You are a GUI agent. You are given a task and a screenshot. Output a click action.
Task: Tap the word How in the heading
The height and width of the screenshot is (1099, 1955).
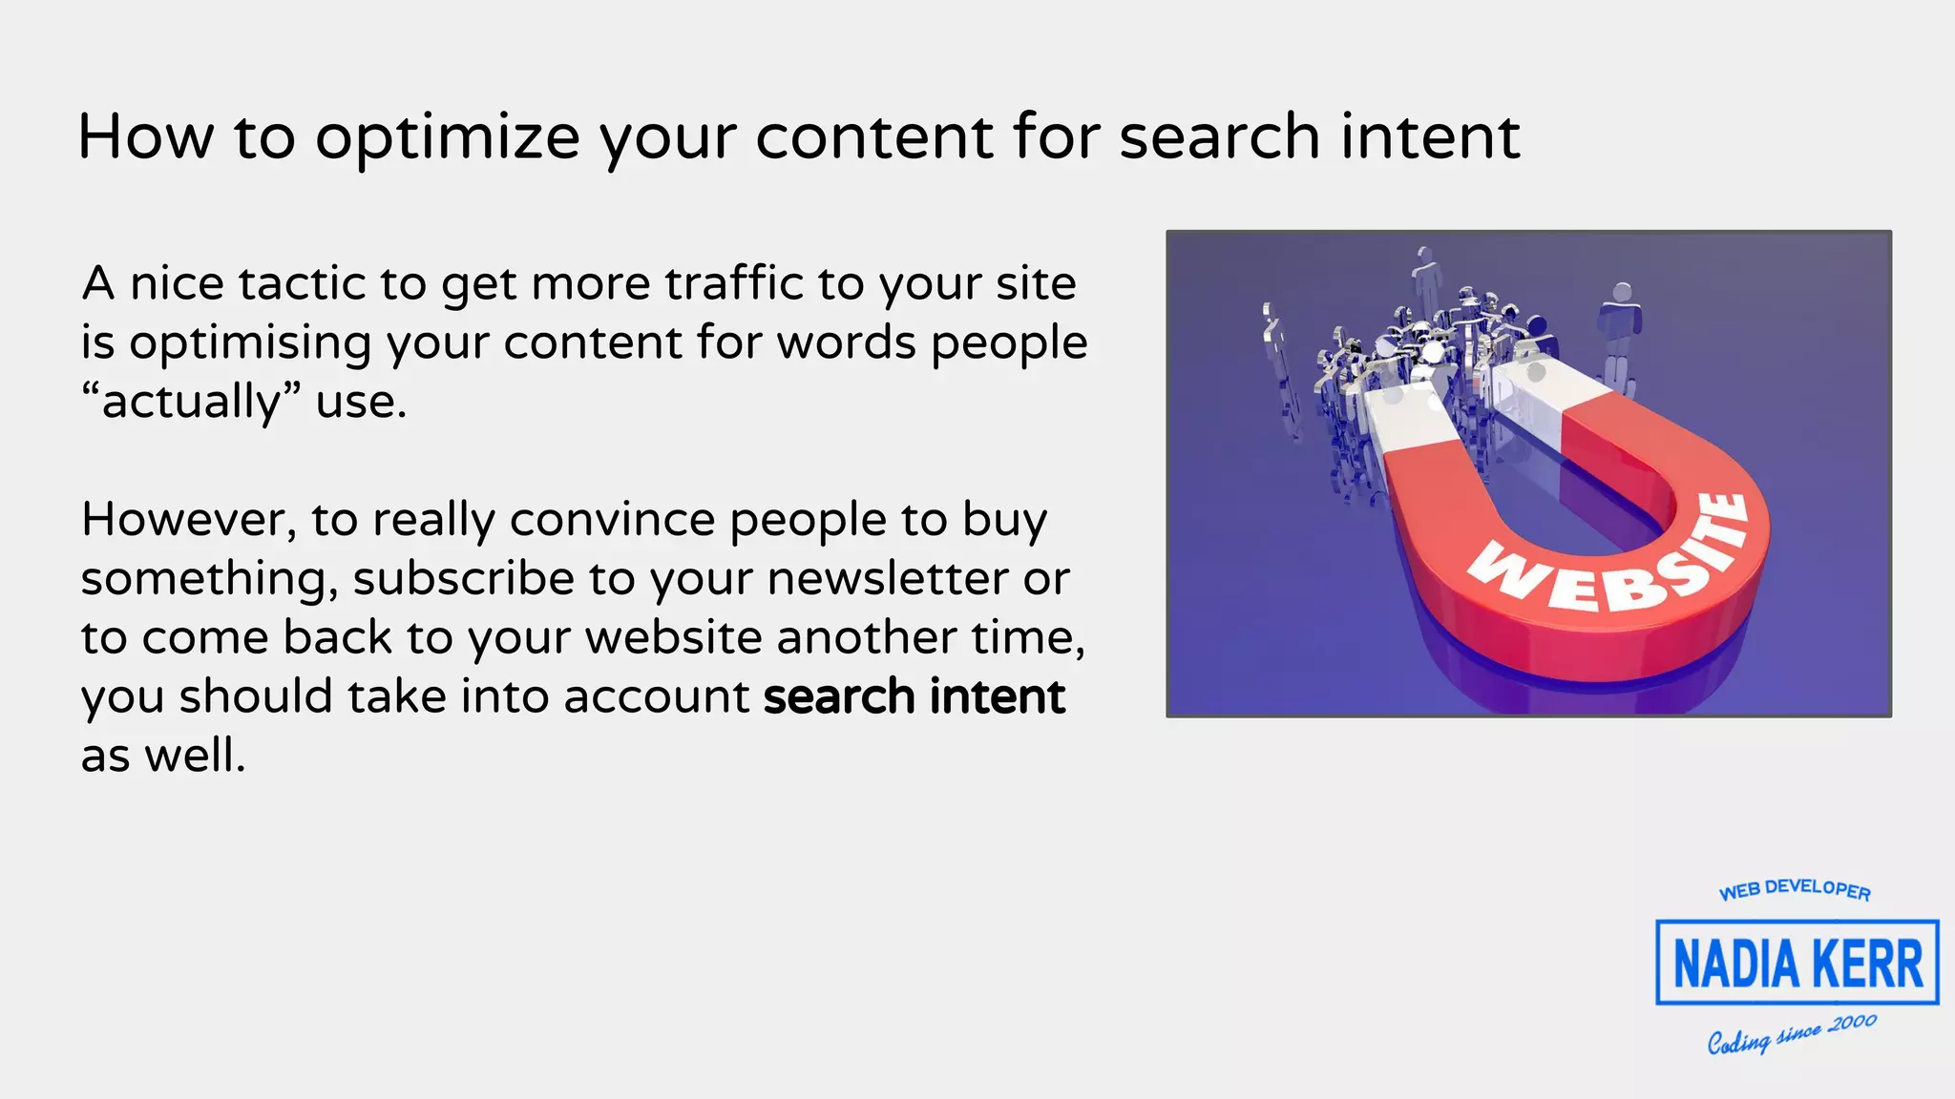point(145,136)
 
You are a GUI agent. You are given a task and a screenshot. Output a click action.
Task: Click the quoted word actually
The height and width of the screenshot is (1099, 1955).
point(191,402)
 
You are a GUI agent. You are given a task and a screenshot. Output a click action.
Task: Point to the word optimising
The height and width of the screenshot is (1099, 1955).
point(250,343)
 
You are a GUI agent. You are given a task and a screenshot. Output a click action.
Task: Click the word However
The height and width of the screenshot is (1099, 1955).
point(188,520)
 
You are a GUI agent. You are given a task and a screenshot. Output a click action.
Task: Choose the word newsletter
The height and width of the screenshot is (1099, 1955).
point(887,578)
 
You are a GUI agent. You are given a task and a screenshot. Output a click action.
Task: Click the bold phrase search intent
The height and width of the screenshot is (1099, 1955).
point(914,696)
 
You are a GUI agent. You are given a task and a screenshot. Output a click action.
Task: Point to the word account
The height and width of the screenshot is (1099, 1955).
point(656,696)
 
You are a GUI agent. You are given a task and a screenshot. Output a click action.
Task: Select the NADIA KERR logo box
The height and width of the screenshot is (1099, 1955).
point(1797,962)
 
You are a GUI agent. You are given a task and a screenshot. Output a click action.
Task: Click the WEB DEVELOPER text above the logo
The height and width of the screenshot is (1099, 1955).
point(1795,889)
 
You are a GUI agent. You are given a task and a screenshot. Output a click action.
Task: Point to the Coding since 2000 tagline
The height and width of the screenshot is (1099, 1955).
point(1792,1035)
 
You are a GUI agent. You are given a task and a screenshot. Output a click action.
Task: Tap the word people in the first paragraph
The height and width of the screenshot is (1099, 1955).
point(1009,343)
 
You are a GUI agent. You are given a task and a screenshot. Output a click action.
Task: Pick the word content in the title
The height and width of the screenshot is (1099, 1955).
point(874,136)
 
